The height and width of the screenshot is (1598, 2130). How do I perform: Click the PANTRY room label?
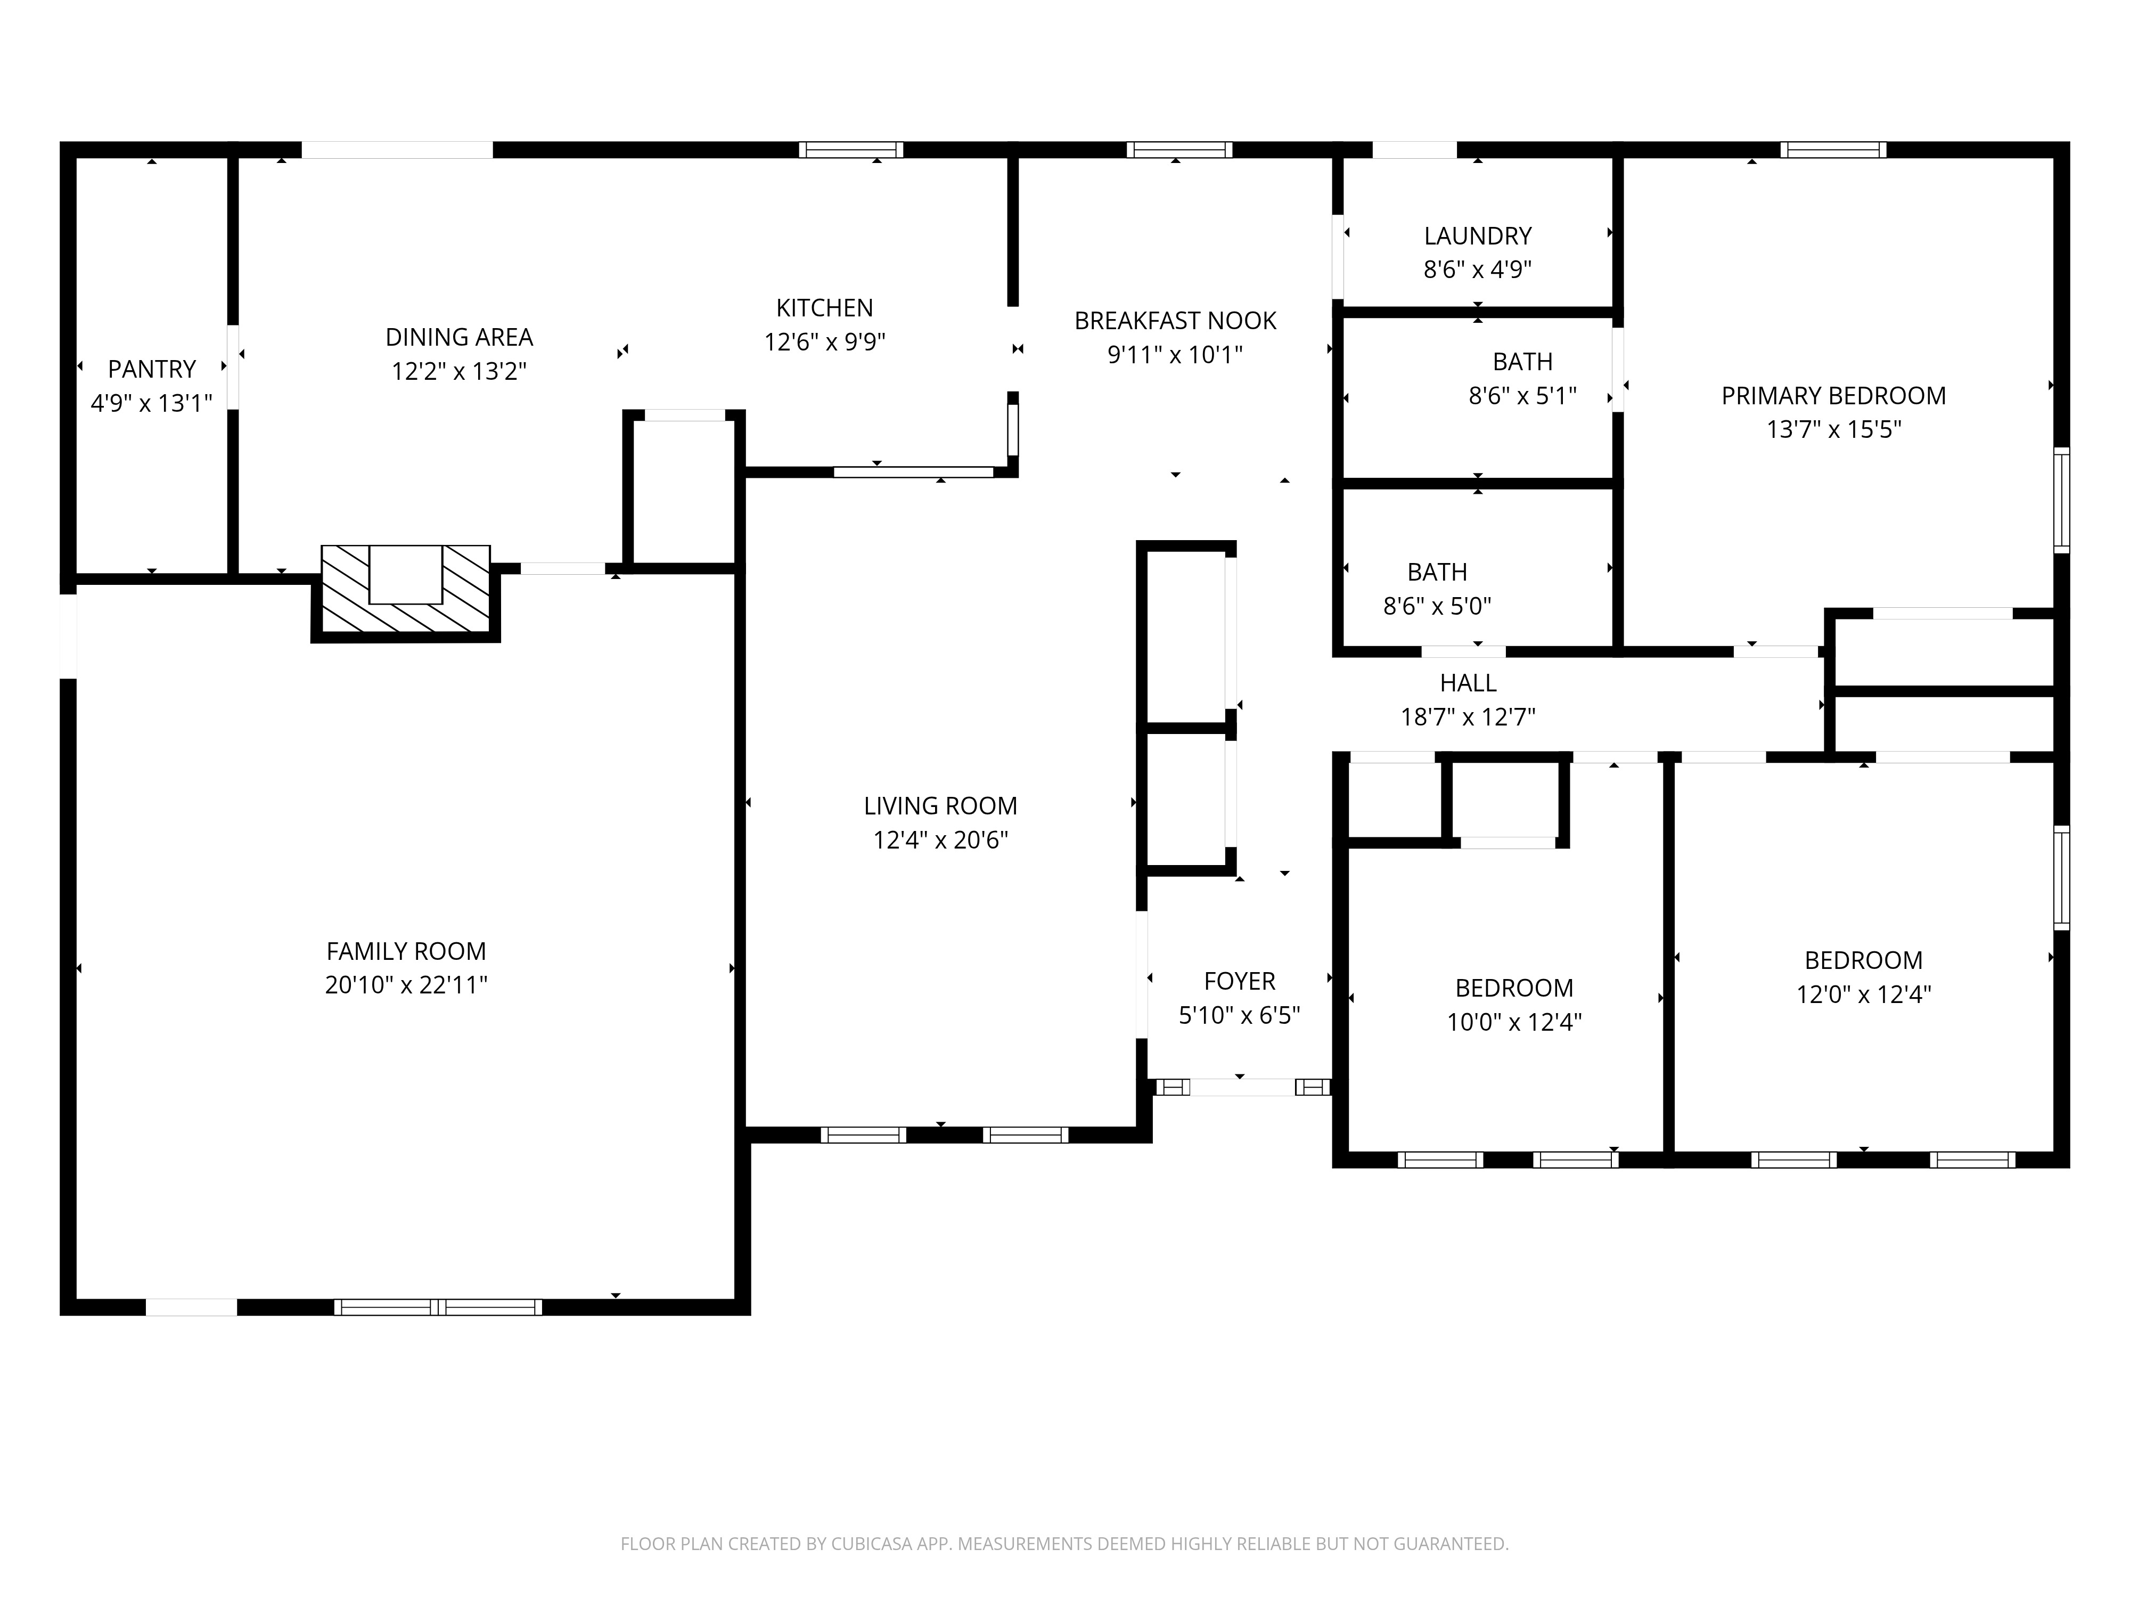[x=151, y=369]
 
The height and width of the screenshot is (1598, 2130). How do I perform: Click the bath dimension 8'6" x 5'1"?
[x=1522, y=396]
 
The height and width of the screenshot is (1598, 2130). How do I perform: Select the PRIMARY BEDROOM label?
[x=1833, y=396]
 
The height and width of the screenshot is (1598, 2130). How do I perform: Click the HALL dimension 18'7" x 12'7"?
[x=1468, y=716]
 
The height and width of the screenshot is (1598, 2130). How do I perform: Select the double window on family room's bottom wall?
[x=438, y=1307]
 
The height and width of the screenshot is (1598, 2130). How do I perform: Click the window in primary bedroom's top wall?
[x=1833, y=149]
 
